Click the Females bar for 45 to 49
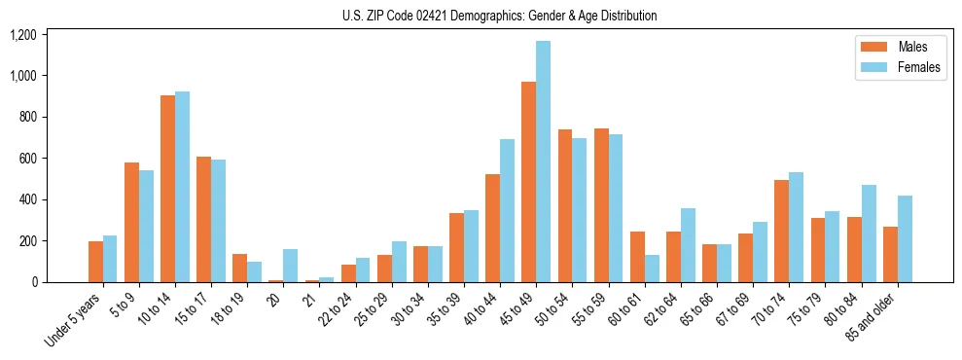(543, 162)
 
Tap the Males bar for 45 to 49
(528, 182)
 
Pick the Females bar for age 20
(290, 266)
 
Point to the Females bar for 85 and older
(905, 238)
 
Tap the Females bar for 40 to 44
(507, 210)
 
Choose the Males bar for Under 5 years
(95, 262)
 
